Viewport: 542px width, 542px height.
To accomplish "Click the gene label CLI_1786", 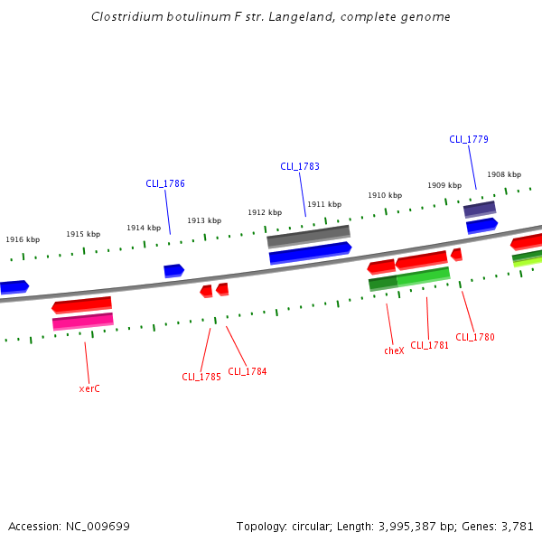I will [x=165, y=183].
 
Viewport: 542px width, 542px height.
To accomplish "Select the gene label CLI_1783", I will [x=300, y=166].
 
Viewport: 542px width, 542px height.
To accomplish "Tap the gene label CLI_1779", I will [x=469, y=139].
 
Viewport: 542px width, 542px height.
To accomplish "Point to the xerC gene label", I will [x=89, y=388].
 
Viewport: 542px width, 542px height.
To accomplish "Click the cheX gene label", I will [x=394, y=350].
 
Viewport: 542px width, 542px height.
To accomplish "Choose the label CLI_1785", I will [x=201, y=377].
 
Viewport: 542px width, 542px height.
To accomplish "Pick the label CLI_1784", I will [x=248, y=371].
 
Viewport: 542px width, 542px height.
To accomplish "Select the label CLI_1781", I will [x=430, y=345].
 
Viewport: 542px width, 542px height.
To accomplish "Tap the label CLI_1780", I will [x=475, y=337].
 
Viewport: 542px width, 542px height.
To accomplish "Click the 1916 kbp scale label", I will [x=23, y=239].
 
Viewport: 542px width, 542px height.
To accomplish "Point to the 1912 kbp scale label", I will [x=265, y=212].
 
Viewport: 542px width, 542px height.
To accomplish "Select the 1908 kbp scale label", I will [x=504, y=174].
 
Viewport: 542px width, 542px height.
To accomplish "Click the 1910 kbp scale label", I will [x=385, y=195].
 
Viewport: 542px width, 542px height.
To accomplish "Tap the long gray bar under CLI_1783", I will [x=308, y=236].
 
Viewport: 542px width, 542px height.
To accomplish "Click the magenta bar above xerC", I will [x=83, y=321].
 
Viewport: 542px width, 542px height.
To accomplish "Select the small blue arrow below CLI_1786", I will [x=173, y=270].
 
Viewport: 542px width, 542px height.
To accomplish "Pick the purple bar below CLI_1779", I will [x=480, y=209].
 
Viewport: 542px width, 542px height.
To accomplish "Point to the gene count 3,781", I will [x=518, y=526].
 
